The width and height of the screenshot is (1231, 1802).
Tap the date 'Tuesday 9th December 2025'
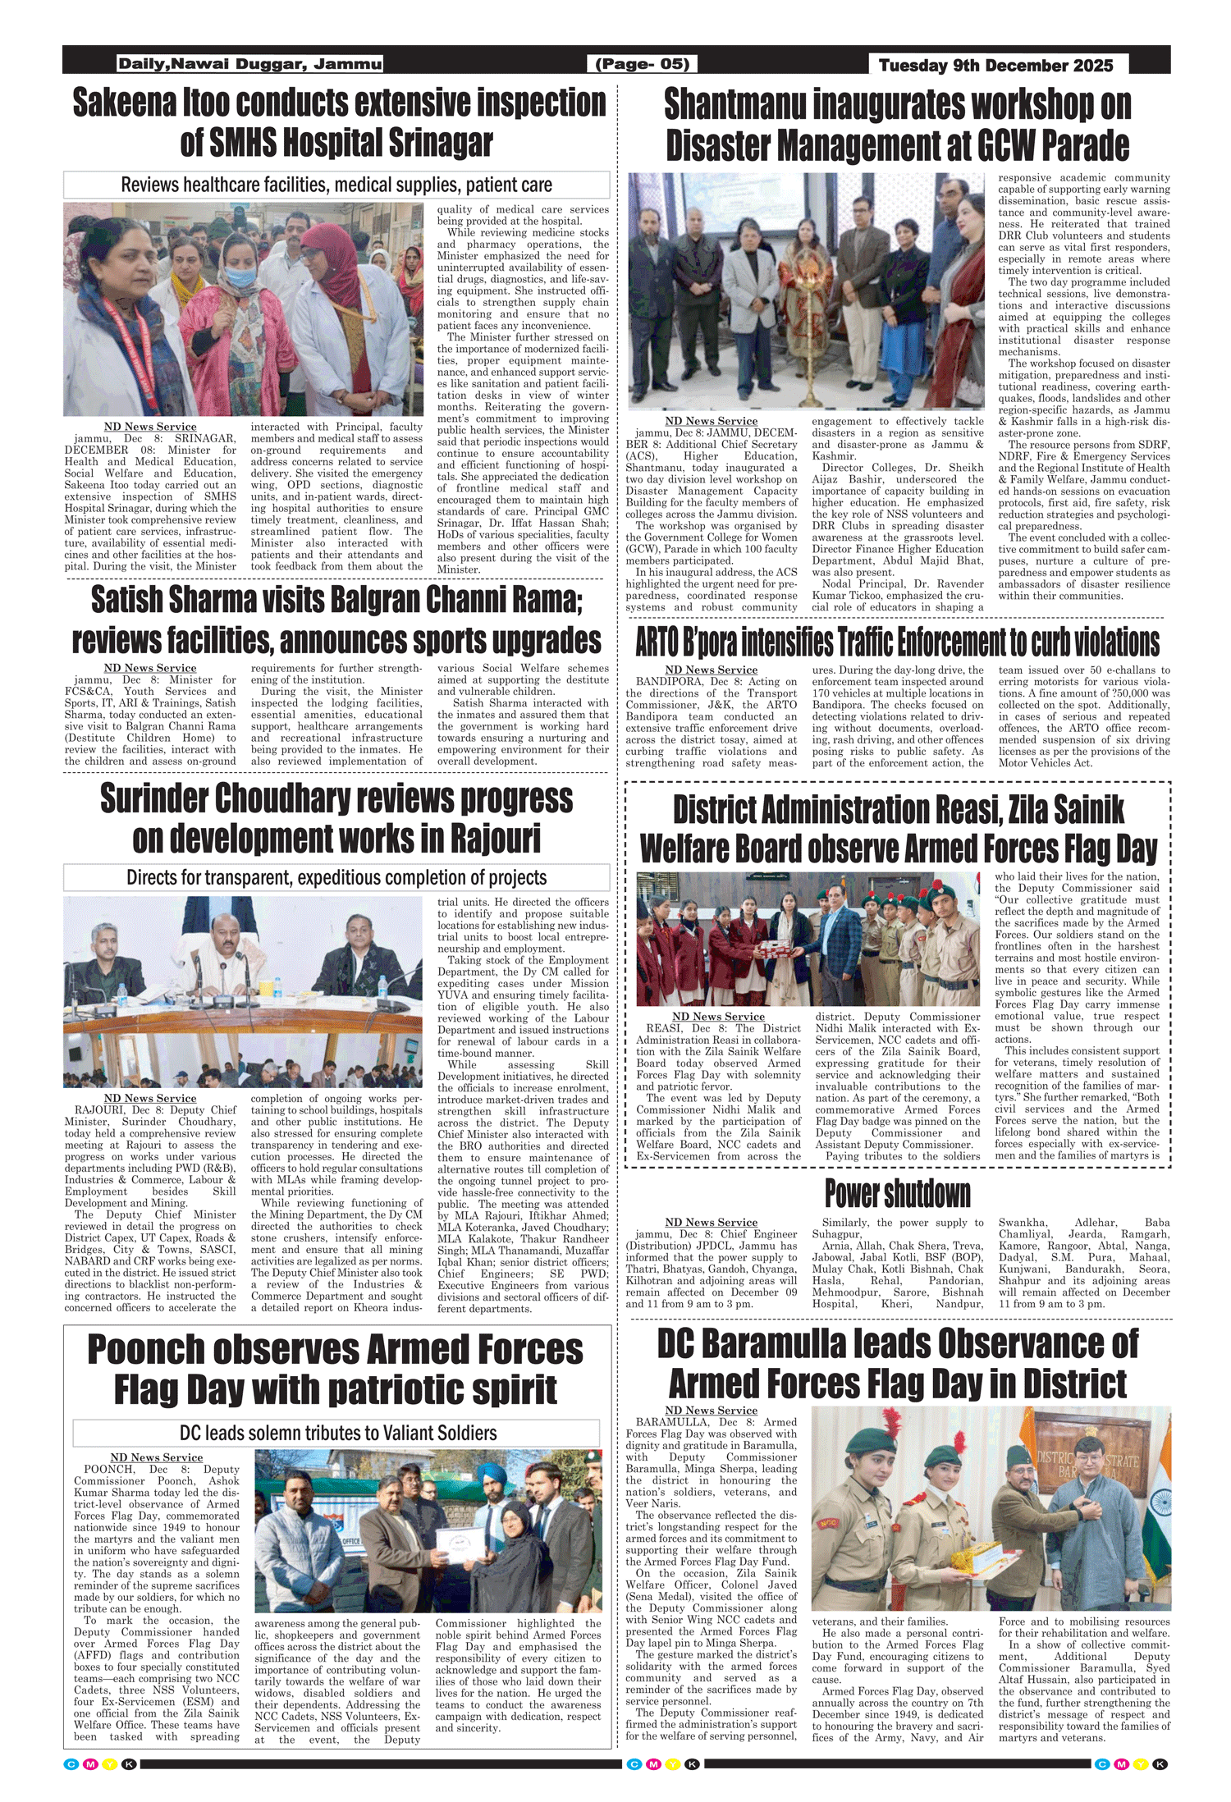point(995,66)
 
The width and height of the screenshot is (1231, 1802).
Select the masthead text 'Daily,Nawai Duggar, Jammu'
point(249,64)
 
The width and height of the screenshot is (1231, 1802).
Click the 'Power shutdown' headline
point(897,1193)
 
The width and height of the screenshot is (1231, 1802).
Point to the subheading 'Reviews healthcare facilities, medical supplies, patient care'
point(336,185)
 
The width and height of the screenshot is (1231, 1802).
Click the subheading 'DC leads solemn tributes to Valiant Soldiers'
point(337,1433)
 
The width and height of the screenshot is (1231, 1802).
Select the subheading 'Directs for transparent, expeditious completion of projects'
point(336,877)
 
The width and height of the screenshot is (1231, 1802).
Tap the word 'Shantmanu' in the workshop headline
point(734,105)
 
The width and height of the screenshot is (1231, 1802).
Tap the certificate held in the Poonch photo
point(459,1546)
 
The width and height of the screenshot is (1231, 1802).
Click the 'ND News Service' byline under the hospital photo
point(150,427)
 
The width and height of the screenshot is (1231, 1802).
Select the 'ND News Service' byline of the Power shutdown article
point(711,1222)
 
